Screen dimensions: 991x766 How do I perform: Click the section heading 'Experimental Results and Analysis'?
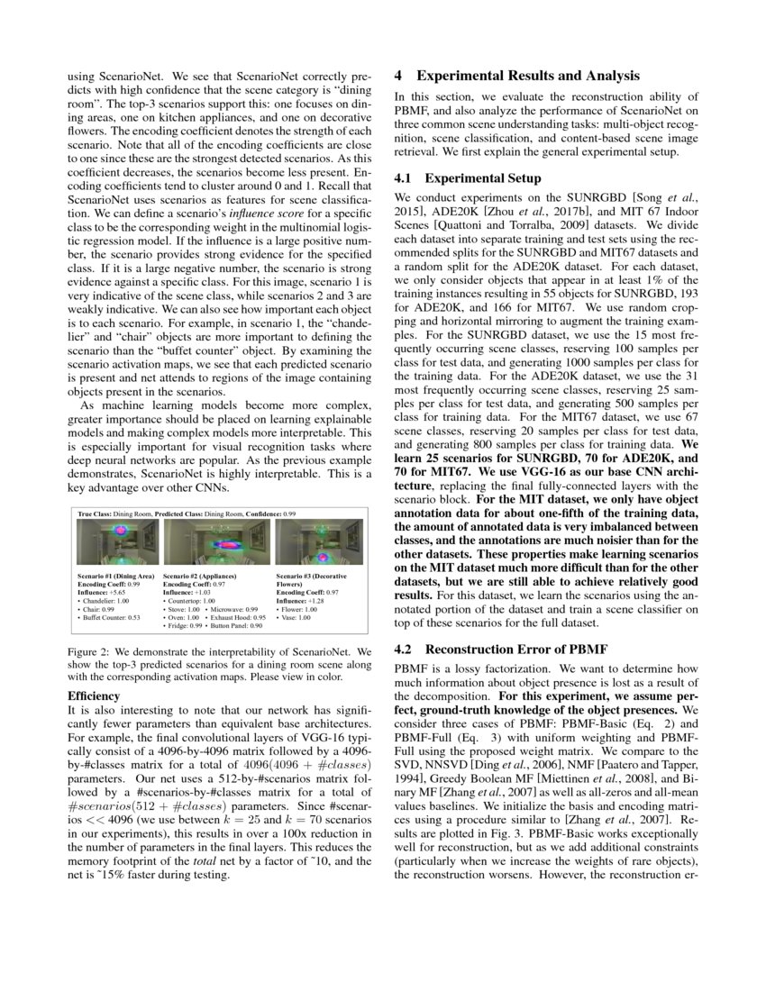pos(528,76)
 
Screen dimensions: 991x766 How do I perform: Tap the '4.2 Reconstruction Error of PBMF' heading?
pos(516,649)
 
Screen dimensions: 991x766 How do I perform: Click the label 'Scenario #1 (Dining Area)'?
pos(116,574)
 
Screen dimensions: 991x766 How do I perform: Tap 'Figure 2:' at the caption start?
pos(87,650)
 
